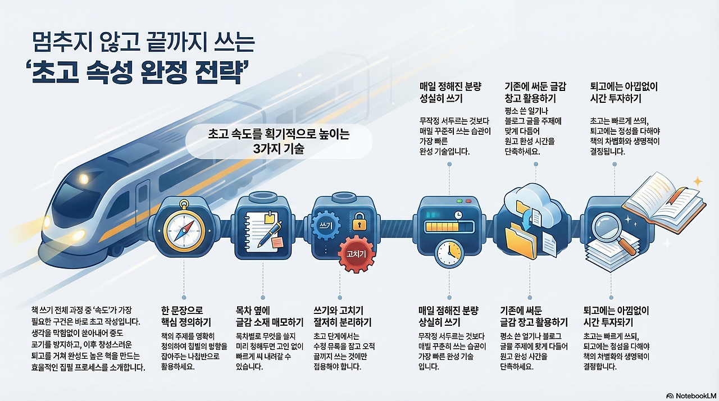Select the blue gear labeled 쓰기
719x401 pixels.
tap(324, 224)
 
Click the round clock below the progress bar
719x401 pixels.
tap(449, 253)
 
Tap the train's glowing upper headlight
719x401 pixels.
tap(84, 179)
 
